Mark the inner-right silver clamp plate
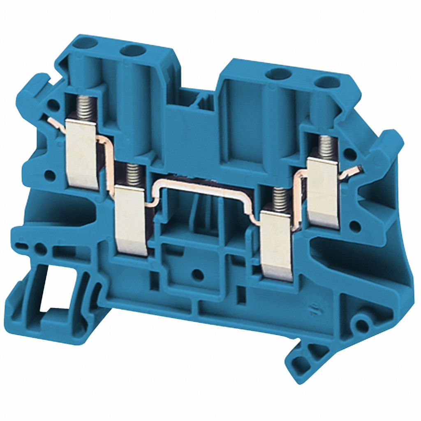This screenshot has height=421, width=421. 276,245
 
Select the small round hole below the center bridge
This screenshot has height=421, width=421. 198,274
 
